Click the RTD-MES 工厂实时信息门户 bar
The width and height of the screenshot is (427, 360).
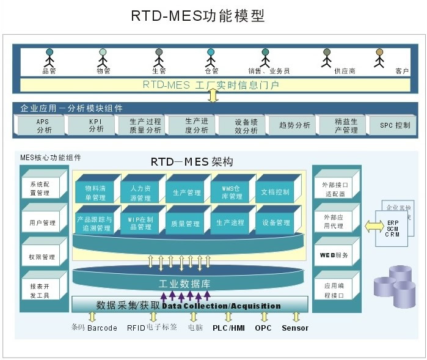[x=211, y=85]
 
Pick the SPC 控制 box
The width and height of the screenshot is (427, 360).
[x=395, y=126]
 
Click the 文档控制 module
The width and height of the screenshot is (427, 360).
[x=275, y=193]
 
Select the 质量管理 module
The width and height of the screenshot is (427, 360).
[x=186, y=224]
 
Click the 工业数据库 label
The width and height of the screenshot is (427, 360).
[x=186, y=284]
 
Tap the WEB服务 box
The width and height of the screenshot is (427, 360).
[x=334, y=255]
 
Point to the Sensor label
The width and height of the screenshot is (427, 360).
[x=295, y=328]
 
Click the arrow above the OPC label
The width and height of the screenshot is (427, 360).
[x=264, y=317]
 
